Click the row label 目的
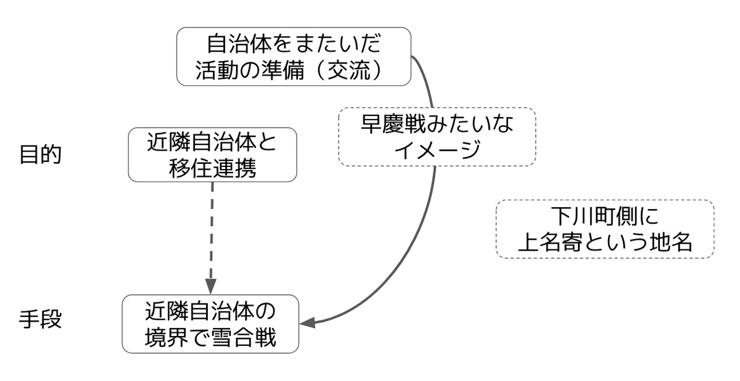[x=41, y=155]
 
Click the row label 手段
[x=41, y=321]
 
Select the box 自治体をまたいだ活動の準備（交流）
[x=294, y=56]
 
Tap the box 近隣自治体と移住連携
[x=212, y=155]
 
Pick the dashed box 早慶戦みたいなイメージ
[x=437, y=137]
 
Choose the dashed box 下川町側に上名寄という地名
[x=604, y=228]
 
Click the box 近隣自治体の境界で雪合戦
[x=210, y=324]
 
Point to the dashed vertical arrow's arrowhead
[x=211, y=286]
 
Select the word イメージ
[x=437, y=150]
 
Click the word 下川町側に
[x=604, y=216]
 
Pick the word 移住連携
[x=212, y=168]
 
